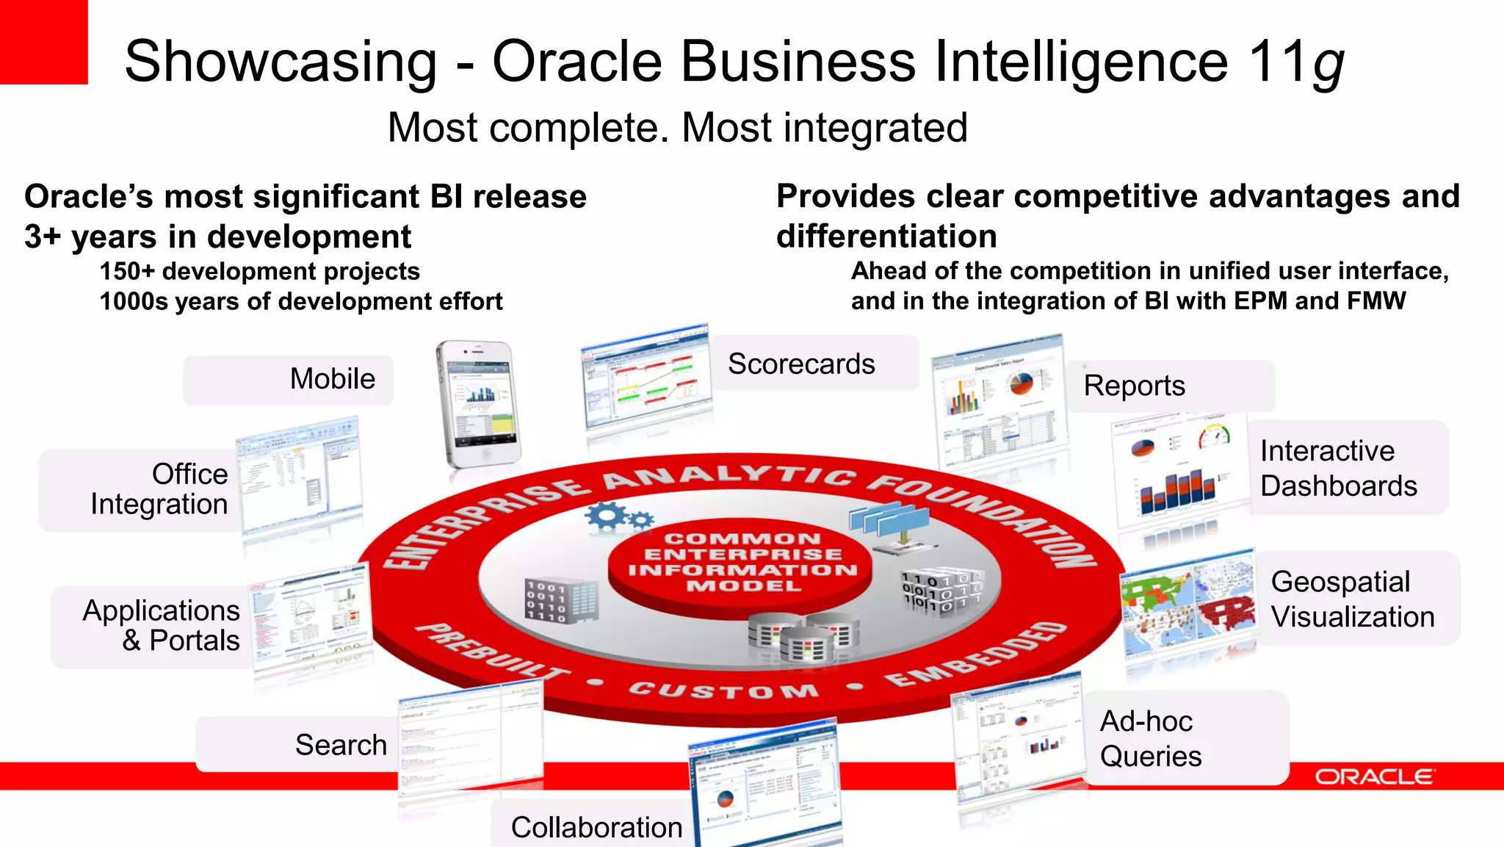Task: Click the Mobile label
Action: (332, 379)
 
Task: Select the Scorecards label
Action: (801, 364)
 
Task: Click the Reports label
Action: (1134, 386)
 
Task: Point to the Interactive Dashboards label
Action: (1338, 469)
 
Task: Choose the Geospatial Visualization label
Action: (1352, 599)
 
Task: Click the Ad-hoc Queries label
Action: (1150, 738)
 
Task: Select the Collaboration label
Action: (596, 827)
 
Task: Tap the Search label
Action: (341, 745)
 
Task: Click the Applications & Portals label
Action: (161, 625)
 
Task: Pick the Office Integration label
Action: (159, 489)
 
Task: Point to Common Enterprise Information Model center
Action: (742, 563)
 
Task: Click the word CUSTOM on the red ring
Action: (723, 691)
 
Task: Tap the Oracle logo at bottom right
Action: (1373, 776)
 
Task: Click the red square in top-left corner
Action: (43, 42)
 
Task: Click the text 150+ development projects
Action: (259, 272)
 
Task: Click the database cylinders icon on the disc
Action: (804, 636)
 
